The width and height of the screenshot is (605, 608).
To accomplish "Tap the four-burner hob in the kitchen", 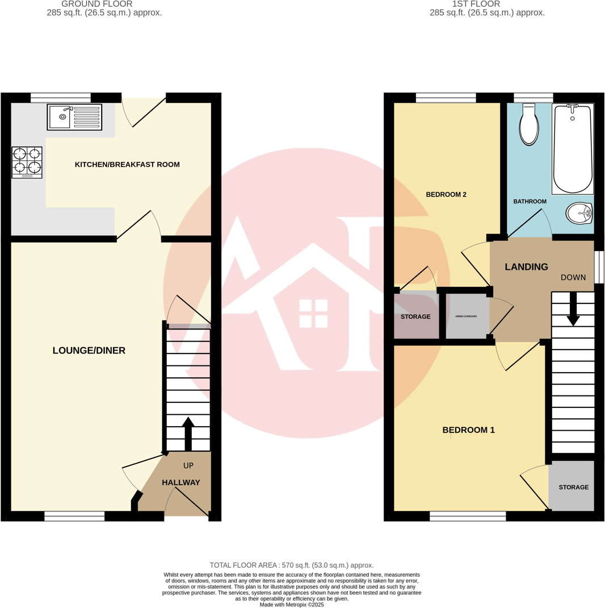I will [x=27, y=162].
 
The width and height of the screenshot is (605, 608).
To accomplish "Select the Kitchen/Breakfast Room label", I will [x=127, y=165].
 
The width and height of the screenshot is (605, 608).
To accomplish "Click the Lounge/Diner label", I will [x=89, y=351].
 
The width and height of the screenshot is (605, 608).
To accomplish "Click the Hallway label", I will [x=181, y=482].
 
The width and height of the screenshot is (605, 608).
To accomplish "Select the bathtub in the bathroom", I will [x=573, y=149].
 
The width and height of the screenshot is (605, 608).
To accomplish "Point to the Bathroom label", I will [x=530, y=202].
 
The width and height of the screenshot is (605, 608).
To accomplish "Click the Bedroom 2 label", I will [x=446, y=194].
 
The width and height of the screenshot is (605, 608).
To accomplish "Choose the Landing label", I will [x=526, y=266].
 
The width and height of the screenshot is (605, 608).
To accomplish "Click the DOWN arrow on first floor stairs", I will [x=573, y=309].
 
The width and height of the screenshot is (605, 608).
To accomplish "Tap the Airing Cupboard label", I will [x=467, y=316].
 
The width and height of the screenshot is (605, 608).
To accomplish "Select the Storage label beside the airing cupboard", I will [x=415, y=317].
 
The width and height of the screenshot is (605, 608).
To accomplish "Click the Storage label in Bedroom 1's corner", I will [x=573, y=488].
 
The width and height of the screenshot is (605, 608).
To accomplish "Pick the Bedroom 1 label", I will [x=468, y=430].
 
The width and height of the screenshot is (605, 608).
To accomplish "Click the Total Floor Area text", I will [x=292, y=565].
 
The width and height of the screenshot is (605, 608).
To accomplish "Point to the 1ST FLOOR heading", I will [x=488, y=4].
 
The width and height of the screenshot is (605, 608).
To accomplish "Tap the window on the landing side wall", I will [x=599, y=266].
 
